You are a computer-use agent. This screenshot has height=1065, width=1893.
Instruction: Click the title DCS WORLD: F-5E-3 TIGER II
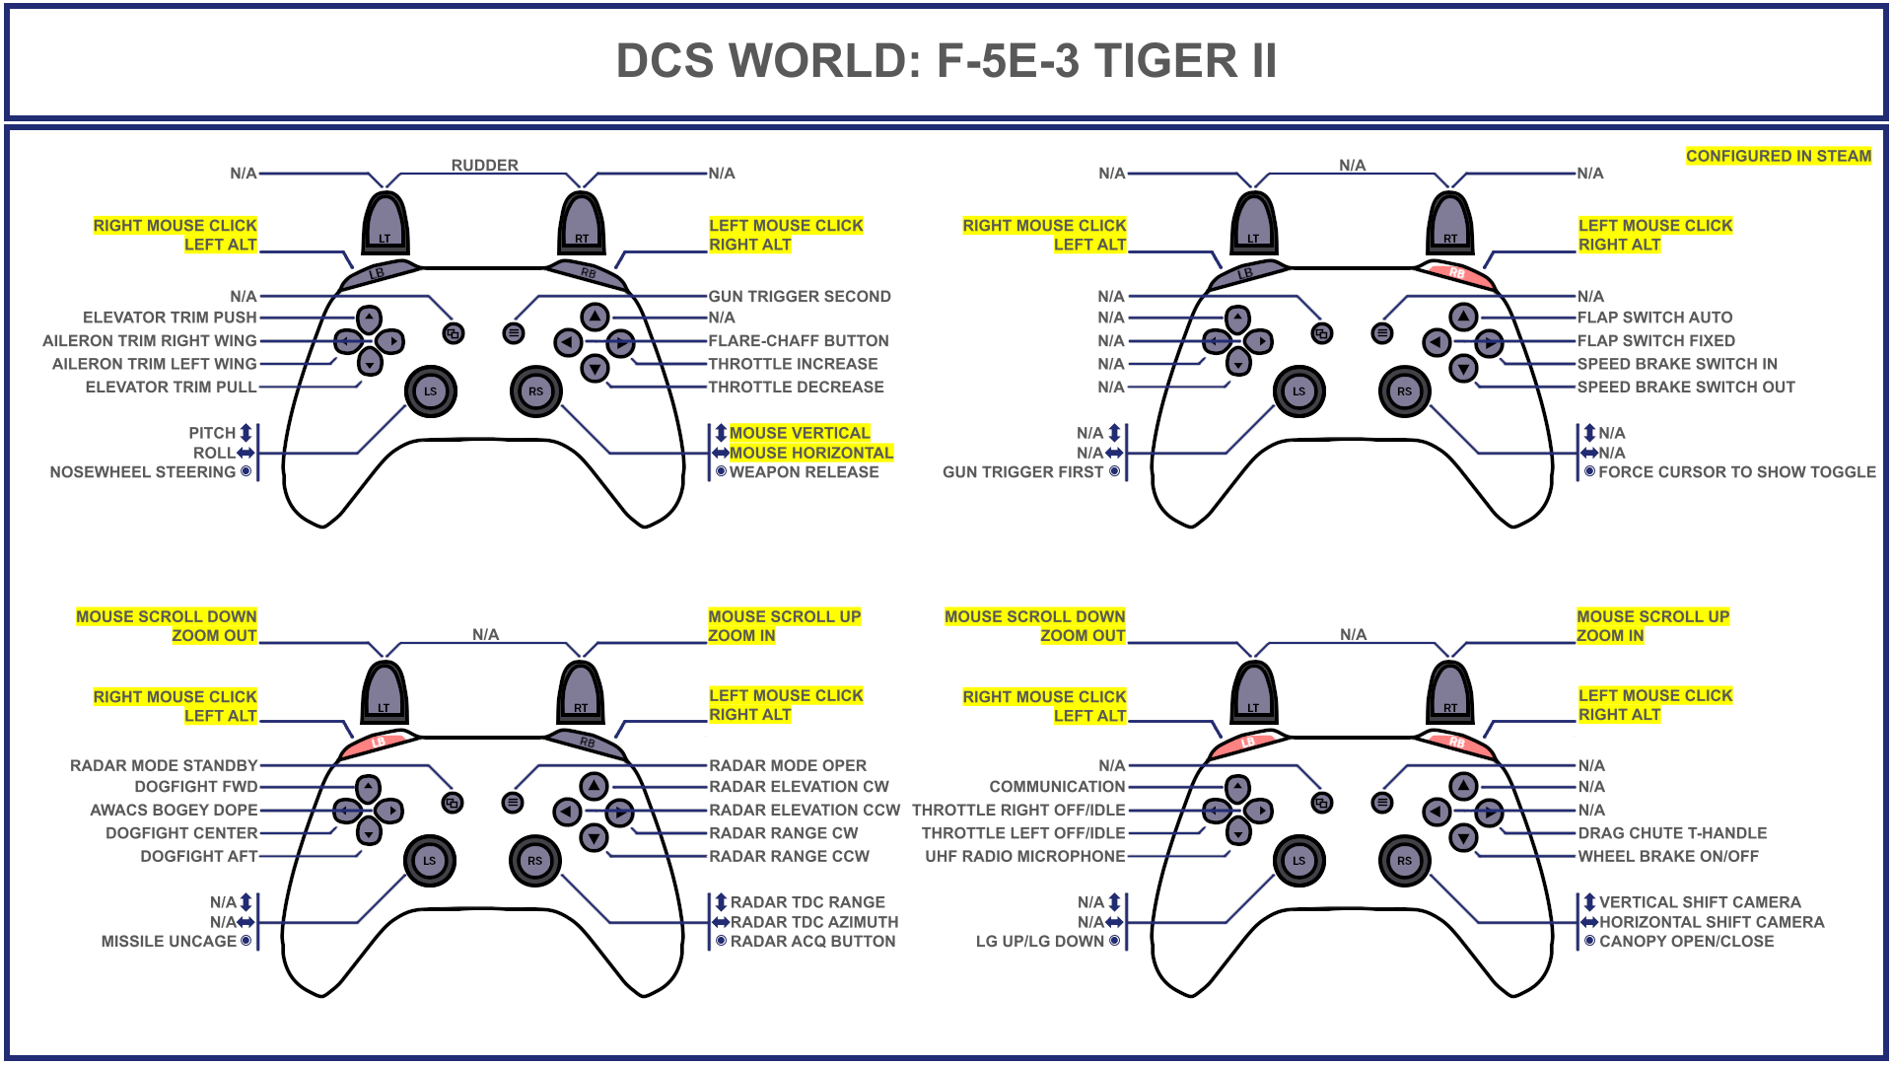tap(946, 61)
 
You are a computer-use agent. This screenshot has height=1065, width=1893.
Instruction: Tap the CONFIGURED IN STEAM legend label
tap(1778, 156)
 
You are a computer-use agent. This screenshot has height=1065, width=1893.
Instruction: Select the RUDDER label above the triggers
tap(484, 165)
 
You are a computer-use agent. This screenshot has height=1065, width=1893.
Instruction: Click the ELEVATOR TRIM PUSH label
tap(170, 318)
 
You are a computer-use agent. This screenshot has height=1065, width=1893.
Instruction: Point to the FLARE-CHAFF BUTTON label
tap(799, 341)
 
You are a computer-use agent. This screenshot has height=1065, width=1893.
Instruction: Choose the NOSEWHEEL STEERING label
tap(143, 472)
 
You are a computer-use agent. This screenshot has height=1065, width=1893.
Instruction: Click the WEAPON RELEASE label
tap(804, 472)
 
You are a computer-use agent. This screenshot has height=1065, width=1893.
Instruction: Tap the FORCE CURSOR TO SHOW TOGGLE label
tap(1736, 472)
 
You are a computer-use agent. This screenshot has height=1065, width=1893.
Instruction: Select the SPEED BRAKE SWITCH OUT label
tap(1686, 388)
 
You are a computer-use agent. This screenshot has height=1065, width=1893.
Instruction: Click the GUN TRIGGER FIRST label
tap(1023, 472)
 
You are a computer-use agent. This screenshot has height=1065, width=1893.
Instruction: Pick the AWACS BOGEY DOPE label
tap(174, 811)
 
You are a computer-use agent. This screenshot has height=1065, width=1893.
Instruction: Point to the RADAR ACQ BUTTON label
tap(812, 942)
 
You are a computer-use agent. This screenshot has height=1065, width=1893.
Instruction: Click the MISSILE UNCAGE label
tap(169, 942)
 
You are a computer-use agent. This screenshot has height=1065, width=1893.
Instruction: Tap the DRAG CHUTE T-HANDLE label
tap(1672, 833)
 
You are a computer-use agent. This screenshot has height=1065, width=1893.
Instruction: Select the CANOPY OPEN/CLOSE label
tap(1686, 942)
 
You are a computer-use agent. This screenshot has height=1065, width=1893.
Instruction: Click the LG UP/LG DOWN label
tap(1040, 942)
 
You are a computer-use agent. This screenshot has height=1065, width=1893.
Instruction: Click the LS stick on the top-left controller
tap(430, 391)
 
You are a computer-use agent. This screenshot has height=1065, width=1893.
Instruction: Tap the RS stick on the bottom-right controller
tap(1404, 861)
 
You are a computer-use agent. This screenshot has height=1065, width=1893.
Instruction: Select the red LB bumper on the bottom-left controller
tap(379, 743)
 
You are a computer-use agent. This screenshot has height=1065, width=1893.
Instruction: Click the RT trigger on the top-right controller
tap(1450, 224)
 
